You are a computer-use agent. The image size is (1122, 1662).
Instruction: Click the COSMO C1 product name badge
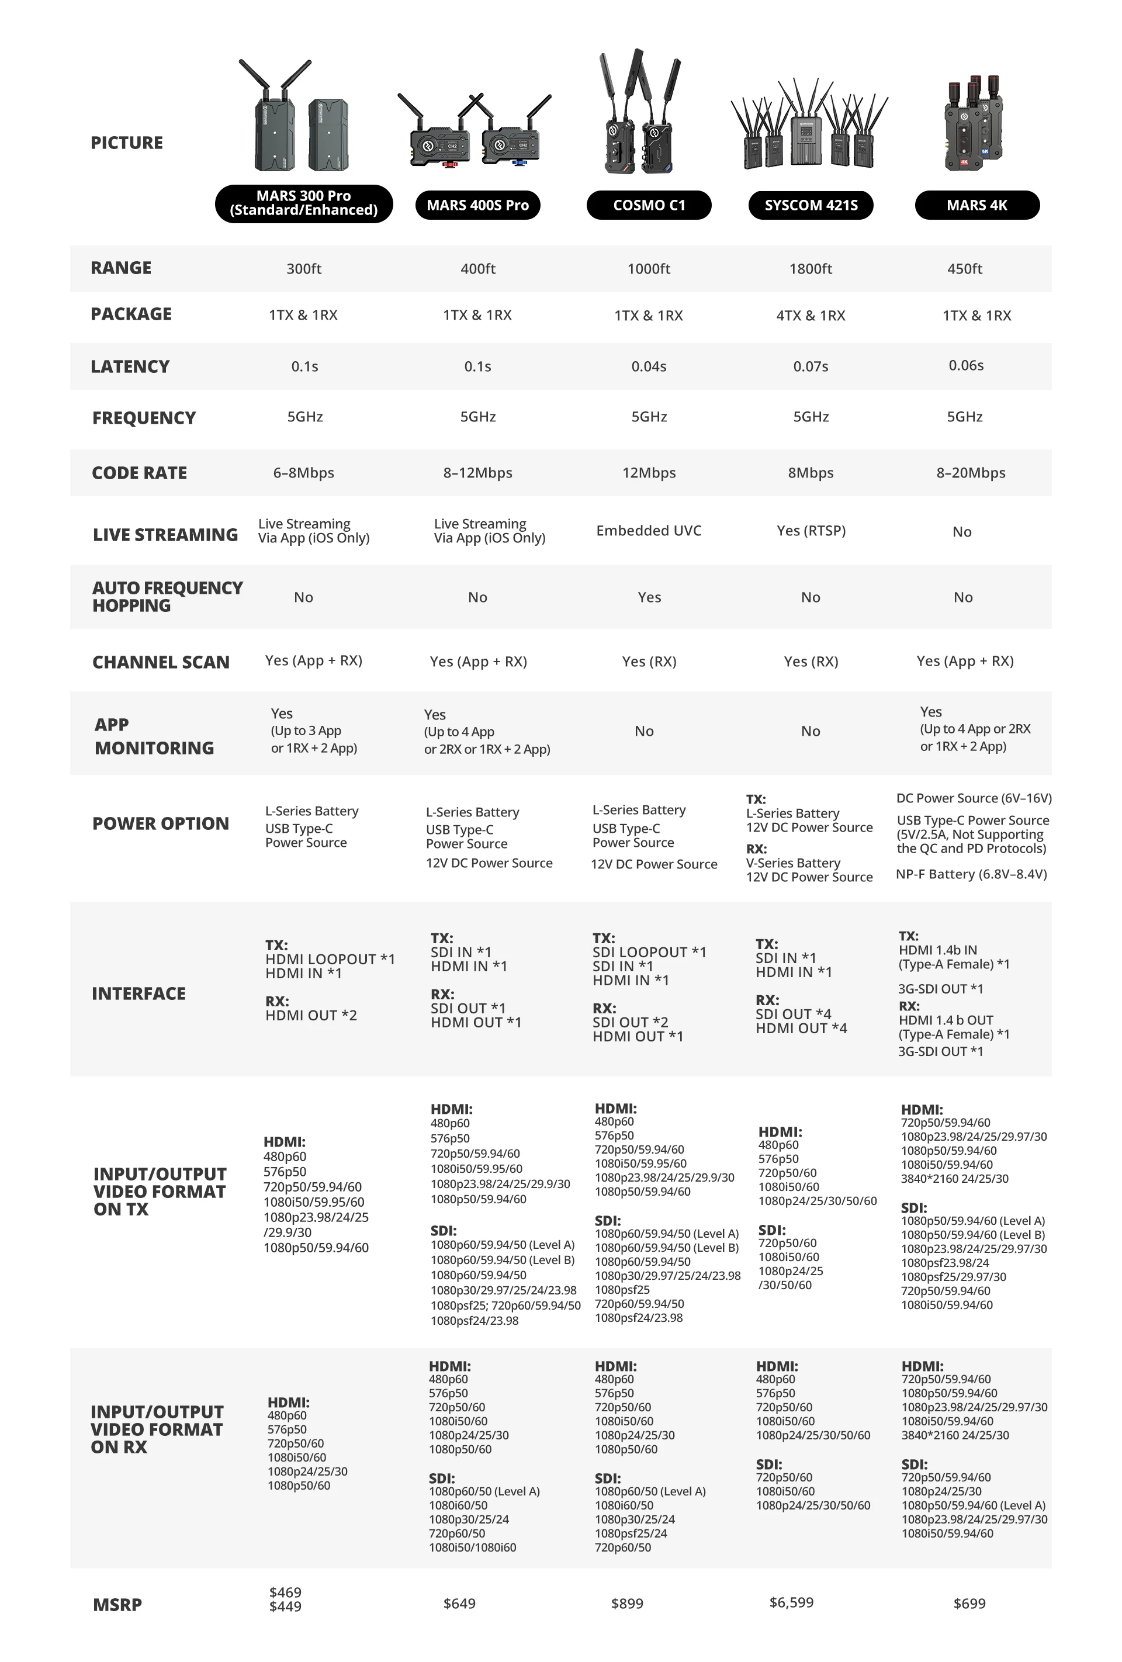[x=649, y=205]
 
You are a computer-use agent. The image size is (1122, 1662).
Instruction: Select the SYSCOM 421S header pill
[x=810, y=205]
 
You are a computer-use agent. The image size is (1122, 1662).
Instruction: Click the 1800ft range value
[x=810, y=269]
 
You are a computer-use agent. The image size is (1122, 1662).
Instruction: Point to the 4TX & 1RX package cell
[x=810, y=316]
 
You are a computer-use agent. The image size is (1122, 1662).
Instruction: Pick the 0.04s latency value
[x=649, y=367]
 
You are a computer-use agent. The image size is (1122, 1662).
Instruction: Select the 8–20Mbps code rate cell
[x=971, y=473]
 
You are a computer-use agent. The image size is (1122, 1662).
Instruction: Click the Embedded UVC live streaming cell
[x=649, y=531]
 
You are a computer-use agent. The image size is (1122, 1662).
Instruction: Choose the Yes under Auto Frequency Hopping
[x=649, y=597]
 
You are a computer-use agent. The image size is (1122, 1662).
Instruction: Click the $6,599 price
[x=791, y=1602]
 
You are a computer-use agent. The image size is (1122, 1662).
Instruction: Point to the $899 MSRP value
[x=627, y=1604]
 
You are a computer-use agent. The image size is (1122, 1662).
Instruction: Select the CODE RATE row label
[x=140, y=473]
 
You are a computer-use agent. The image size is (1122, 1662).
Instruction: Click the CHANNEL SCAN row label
[x=161, y=662]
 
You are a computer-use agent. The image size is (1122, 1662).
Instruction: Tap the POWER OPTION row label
[x=161, y=823]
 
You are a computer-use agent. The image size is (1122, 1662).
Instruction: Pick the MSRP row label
[x=117, y=1605]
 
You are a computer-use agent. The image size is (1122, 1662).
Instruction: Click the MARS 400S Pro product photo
[x=474, y=132]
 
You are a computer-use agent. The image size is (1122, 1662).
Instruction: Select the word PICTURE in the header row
[x=127, y=143]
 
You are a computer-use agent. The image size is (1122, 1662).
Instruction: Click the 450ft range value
[x=964, y=269]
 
